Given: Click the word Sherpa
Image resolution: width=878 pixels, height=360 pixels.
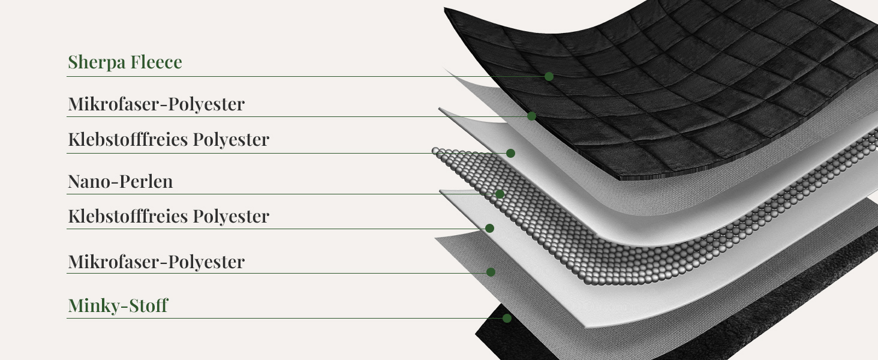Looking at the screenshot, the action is (97, 62).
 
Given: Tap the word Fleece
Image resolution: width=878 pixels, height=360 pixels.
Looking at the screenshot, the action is (156, 62).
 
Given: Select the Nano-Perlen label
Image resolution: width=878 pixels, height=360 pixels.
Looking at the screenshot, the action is (121, 182).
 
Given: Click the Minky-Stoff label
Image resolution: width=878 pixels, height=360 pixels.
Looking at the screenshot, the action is (118, 305).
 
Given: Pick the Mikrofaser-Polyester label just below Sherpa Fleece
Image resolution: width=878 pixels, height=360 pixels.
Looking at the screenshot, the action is (157, 104).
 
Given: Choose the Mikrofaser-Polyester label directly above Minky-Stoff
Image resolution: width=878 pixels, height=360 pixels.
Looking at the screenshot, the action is (157, 262).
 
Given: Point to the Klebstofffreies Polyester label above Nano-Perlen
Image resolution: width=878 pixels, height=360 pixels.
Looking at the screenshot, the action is (169, 140).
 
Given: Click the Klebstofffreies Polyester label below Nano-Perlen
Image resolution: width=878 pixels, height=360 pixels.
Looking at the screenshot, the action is (169, 217).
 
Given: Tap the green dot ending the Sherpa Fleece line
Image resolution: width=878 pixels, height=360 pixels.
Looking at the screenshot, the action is (549, 76).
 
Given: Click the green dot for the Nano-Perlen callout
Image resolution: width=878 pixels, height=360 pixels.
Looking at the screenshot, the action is (500, 194).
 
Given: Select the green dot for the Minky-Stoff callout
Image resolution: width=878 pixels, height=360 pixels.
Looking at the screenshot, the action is (507, 318).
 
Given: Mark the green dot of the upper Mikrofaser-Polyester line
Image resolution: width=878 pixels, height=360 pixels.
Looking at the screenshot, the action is (532, 116).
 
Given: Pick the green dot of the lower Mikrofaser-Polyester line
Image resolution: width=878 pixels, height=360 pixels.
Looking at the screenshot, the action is (491, 272).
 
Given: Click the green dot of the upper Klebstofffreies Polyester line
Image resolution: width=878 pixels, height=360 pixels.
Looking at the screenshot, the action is (510, 154).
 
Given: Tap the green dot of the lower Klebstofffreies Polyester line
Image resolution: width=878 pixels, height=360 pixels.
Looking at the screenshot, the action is (489, 228).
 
